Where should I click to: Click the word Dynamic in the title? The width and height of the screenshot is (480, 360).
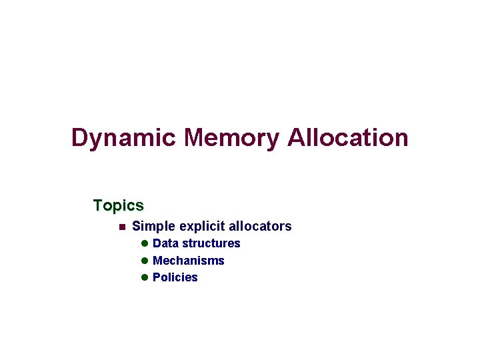pos(124,139)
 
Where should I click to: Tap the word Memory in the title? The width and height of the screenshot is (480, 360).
pos(231,138)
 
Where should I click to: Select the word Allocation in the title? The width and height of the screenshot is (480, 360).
pos(347,138)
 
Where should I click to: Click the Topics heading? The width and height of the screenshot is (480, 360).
pos(119,205)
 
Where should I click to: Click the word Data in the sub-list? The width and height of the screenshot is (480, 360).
pos(165,243)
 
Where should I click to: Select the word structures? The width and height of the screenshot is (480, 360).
pos(211,243)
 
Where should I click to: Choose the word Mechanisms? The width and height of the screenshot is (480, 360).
pos(189,261)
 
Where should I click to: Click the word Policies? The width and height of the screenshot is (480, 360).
pos(175,277)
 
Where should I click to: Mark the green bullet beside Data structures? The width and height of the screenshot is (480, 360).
pos(144,243)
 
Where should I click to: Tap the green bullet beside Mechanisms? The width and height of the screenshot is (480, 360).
pos(144,261)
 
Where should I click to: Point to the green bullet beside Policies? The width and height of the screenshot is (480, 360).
pos(144,277)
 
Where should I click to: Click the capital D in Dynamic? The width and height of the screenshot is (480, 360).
pos(80,138)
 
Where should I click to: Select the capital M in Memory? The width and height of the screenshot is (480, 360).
pos(196,138)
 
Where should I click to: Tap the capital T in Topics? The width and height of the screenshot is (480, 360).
pos(99,205)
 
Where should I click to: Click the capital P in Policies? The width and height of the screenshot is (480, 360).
pos(157,277)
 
